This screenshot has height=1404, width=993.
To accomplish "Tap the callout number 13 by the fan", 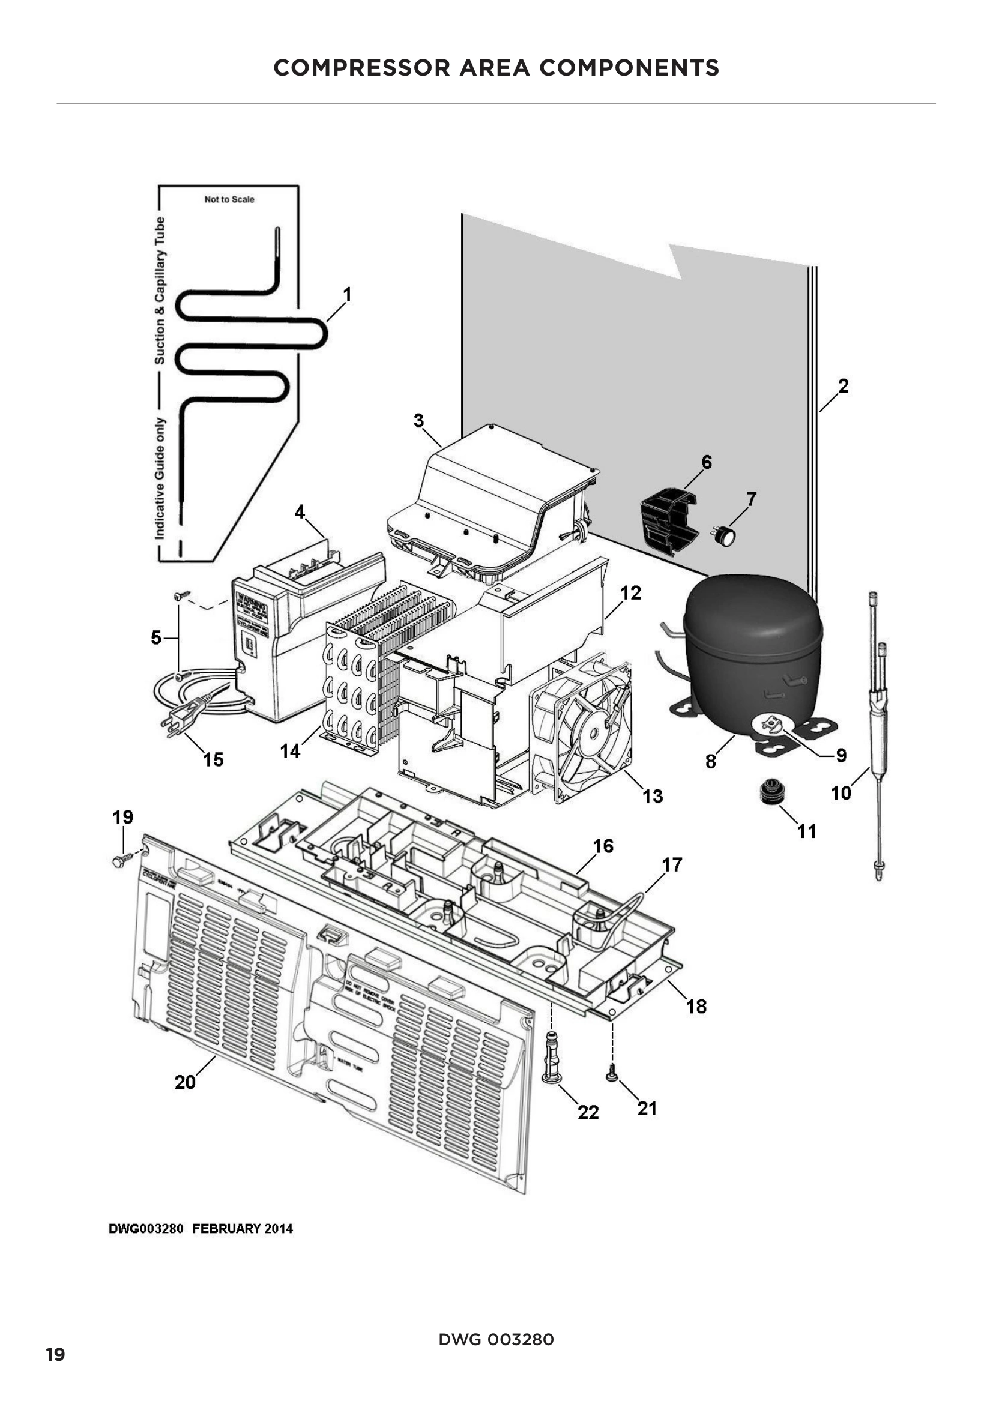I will click(x=653, y=797).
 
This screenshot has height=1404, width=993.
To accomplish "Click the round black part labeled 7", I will click(x=726, y=535).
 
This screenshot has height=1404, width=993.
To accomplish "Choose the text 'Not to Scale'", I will click(x=229, y=199).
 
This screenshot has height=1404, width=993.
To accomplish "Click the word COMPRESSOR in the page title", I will click(x=361, y=67).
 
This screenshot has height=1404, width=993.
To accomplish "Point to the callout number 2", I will click(x=843, y=387).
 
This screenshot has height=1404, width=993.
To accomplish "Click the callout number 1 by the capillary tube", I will click(x=346, y=295).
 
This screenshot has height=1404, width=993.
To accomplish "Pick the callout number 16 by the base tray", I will click(x=603, y=846).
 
